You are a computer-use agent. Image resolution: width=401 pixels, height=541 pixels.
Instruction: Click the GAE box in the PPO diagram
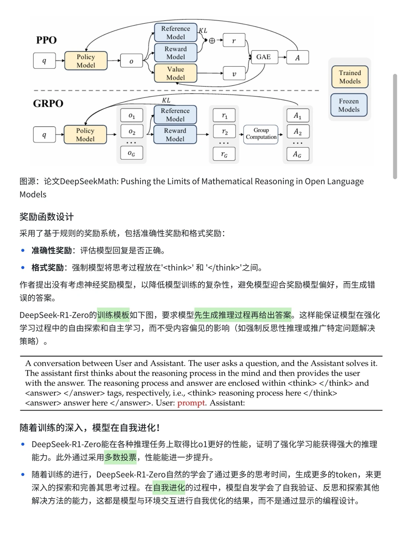[x=264, y=57]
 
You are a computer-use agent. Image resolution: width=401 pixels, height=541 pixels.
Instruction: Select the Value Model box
[x=175, y=73]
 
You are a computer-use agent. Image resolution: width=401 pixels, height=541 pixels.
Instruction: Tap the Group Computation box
[x=261, y=134]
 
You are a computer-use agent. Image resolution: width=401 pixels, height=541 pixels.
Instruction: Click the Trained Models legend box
[x=350, y=77]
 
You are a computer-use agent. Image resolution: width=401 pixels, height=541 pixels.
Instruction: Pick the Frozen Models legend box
[x=349, y=105]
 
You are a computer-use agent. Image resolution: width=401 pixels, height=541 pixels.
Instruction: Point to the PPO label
[x=46, y=40]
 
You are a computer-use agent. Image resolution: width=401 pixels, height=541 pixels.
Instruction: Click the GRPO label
[x=48, y=103]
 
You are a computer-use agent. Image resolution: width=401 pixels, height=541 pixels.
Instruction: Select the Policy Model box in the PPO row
[x=86, y=61]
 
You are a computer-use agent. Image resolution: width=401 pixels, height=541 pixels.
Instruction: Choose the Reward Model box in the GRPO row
[x=175, y=135]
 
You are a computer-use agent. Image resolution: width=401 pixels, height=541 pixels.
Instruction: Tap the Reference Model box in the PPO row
[x=175, y=33]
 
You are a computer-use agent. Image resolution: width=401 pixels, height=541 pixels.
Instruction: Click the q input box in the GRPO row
[x=44, y=135]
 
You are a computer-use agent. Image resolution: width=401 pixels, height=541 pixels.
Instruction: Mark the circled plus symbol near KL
[x=212, y=41]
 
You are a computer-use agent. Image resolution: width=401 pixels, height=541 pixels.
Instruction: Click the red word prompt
[x=191, y=403]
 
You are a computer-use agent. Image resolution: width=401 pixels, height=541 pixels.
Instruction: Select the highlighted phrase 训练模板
[x=113, y=315]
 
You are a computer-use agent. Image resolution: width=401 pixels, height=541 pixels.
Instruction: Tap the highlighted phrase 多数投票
[x=121, y=458]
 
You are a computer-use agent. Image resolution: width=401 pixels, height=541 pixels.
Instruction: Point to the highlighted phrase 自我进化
[x=169, y=488]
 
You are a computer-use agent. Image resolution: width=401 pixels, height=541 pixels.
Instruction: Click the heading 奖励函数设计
[x=47, y=217]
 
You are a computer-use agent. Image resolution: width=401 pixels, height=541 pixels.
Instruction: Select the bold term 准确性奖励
[x=52, y=251]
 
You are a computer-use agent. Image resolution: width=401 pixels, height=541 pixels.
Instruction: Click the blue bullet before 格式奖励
[x=23, y=268]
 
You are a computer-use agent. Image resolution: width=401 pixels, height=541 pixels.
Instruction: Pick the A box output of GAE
[x=297, y=58]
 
